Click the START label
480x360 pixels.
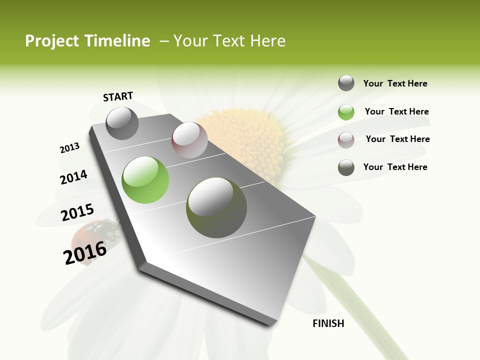(x=118, y=96)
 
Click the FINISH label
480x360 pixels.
(x=328, y=323)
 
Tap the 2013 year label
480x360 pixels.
(x=70, y=148)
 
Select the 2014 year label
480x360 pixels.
(x=74, y=177)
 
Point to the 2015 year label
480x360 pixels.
(x=77, y=212)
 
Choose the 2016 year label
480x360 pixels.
(x=85, y=253)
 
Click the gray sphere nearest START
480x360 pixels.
(x=122, y=123)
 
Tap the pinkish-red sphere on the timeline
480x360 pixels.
(x=189, y=139)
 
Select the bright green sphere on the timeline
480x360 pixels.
(x=145, y=179)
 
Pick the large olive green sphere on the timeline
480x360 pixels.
(x=216, y=207)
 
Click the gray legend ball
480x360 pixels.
(x=346, y=83)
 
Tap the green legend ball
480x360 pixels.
(x=346, y=112)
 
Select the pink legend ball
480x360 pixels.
(x=346, y=139)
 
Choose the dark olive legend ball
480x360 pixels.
(x=346, y=167)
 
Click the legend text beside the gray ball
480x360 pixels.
(x=395, y=84)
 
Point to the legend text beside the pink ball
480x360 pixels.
(x=397, y=139)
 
